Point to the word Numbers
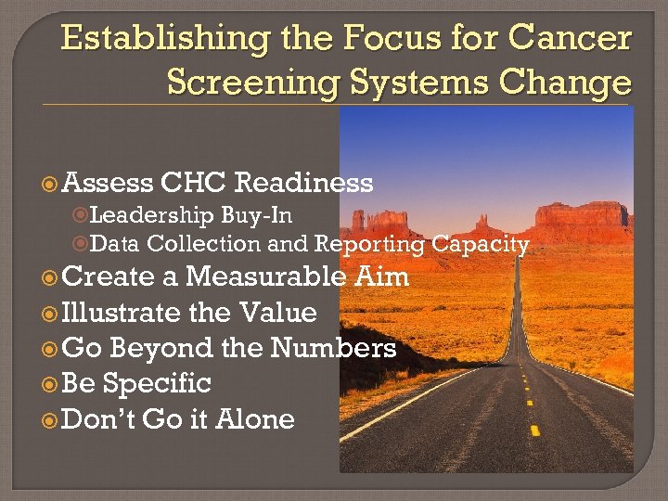click(333, 348)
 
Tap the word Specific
click(157, 383)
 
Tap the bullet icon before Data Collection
click(80, 245)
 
